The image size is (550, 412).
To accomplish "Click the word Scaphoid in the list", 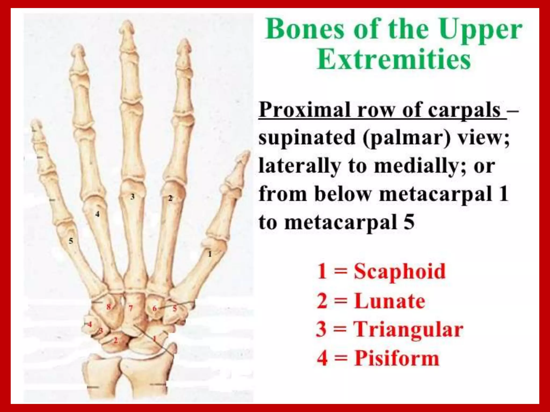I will pos(400,271).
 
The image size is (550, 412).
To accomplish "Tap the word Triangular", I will pos(408,330).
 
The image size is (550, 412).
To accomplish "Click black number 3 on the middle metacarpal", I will pos(132,197).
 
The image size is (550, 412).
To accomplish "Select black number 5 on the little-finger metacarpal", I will pos(71,241).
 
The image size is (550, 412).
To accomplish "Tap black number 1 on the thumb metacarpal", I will pos(210,254).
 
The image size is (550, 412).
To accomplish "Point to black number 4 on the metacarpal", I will pos(97,214).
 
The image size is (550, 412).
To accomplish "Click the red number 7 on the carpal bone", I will pos(131,308).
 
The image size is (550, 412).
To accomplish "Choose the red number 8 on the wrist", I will pos(108,307).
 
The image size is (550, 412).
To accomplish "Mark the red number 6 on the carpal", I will pos(155,309).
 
